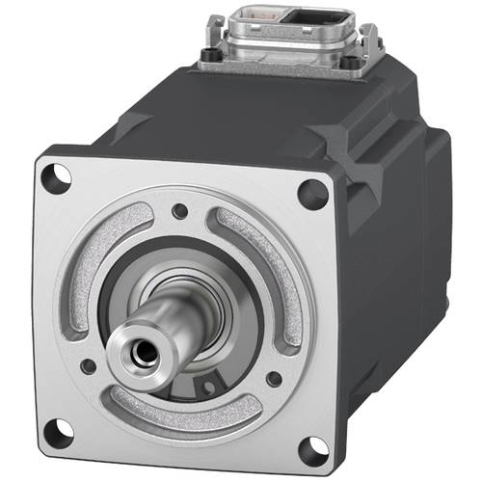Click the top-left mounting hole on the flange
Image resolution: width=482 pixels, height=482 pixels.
[x=60, y=176]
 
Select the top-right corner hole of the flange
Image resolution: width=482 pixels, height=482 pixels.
[x=311, y=193]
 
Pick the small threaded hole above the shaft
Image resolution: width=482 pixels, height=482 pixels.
[x=179, y=210]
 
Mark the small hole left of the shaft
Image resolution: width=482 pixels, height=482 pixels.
[x=88, y=366]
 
